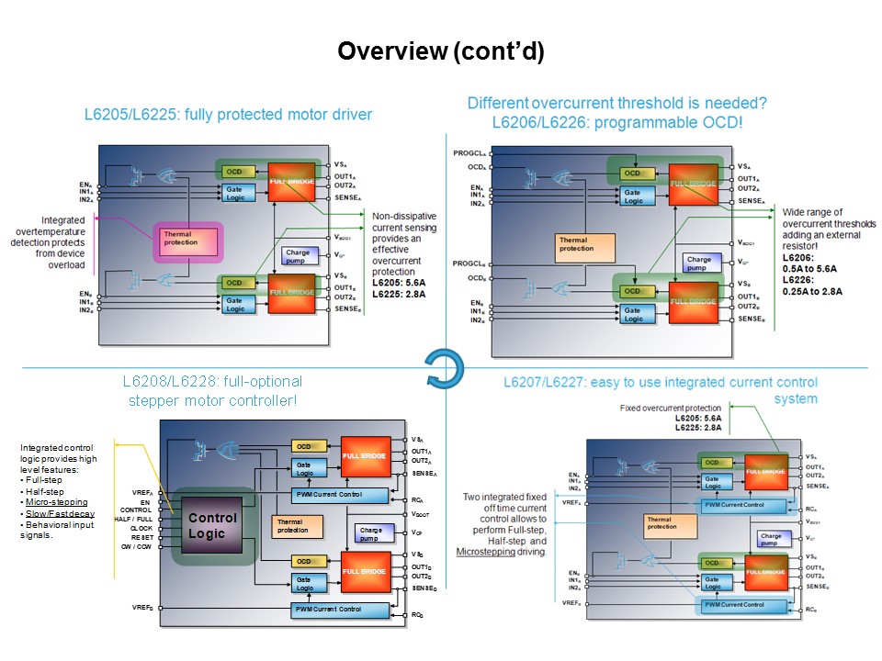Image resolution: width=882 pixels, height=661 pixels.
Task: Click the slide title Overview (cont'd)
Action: (441, 52)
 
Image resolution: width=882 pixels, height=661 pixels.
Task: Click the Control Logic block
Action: (212, 525)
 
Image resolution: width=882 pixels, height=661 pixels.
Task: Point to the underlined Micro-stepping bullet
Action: (57, 502)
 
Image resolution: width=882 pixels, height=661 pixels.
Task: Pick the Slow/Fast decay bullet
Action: (60, 514)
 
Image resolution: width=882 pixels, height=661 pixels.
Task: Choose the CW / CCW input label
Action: (135, 546)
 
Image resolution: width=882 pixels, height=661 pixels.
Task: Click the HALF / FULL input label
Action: (132, 519)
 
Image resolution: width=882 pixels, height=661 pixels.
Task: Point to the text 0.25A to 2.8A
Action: (812, 292)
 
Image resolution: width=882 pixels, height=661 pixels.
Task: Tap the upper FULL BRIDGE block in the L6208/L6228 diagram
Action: (366, 456)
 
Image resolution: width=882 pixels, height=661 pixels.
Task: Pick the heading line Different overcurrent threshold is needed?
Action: (604, 104)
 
